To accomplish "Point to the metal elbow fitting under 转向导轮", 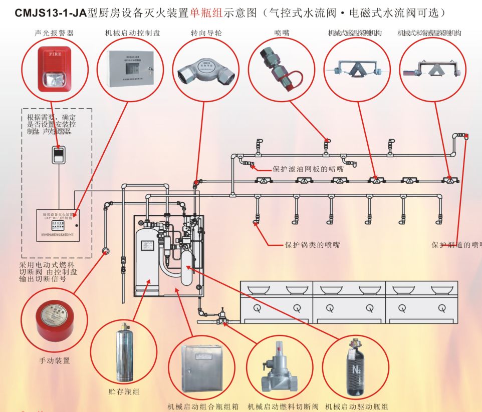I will click(204, 72).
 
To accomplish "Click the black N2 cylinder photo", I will click(355, 366).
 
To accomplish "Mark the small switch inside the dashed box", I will click(59, 155).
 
